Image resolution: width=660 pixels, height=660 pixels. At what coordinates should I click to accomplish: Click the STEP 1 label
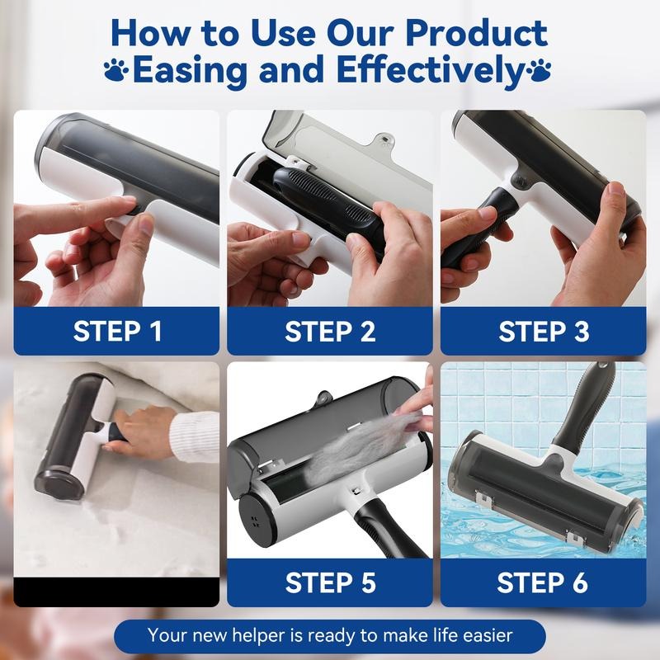pyautogui.click(x=117, y=331)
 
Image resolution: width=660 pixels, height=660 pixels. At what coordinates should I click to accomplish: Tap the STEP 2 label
pyautogui.click(x=330, y=331)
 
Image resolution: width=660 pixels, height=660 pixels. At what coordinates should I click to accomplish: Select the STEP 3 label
pyautogui.click(x=544, y=331)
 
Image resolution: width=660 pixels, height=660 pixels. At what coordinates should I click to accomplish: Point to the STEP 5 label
pyautogui.click(x=330, y=582)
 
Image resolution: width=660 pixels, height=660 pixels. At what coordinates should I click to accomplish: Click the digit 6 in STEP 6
pyautogui.click(x=580, y=582)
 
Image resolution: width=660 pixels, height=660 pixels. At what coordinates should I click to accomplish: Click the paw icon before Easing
pyautogui.click(x=117, y=69)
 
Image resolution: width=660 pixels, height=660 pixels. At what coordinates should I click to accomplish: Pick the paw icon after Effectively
pyautogui.click(x=541, y=69)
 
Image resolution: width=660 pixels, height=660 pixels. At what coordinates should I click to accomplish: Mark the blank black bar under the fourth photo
pyautogui.click(x=117, y=592)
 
